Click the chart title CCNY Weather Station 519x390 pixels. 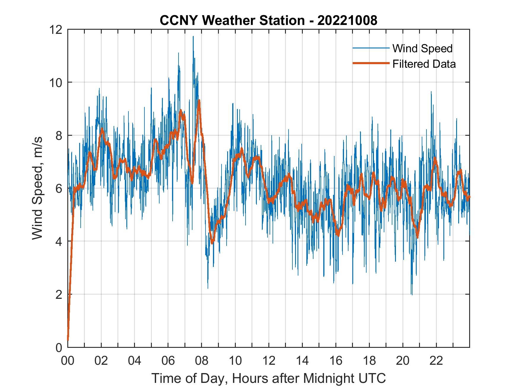click(x=232, y=20)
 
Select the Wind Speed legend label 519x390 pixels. click(x=422, y=48)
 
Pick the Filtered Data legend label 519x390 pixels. click(x=424, y=64)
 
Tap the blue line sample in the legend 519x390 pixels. click(x=370, y=48)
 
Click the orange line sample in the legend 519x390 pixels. click(x=370, y=64)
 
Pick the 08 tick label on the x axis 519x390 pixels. click(x=202, y=361)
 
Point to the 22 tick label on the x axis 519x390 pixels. click(x=436, y=361)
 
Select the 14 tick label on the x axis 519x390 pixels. click(x=302, y=361)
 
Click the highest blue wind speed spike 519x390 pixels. click(x=193, y=37)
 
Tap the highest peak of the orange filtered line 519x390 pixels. click(x=199, y=100)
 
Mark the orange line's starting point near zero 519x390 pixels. click(x=68, y=340)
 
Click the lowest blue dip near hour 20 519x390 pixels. click(x=412, y=294)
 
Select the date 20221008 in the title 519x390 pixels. click(x=347, y=20)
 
